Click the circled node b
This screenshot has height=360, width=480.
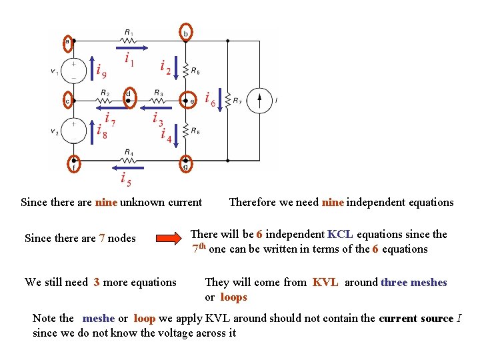187,33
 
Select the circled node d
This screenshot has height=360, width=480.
128,95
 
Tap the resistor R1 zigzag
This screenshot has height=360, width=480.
128,40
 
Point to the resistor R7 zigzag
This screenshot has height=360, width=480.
228,101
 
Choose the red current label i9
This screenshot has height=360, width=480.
101,69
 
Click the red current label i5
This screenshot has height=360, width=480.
125,178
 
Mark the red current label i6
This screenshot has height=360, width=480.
210,99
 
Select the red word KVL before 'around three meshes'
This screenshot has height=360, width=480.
325,283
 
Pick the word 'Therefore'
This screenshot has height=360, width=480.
252,203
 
